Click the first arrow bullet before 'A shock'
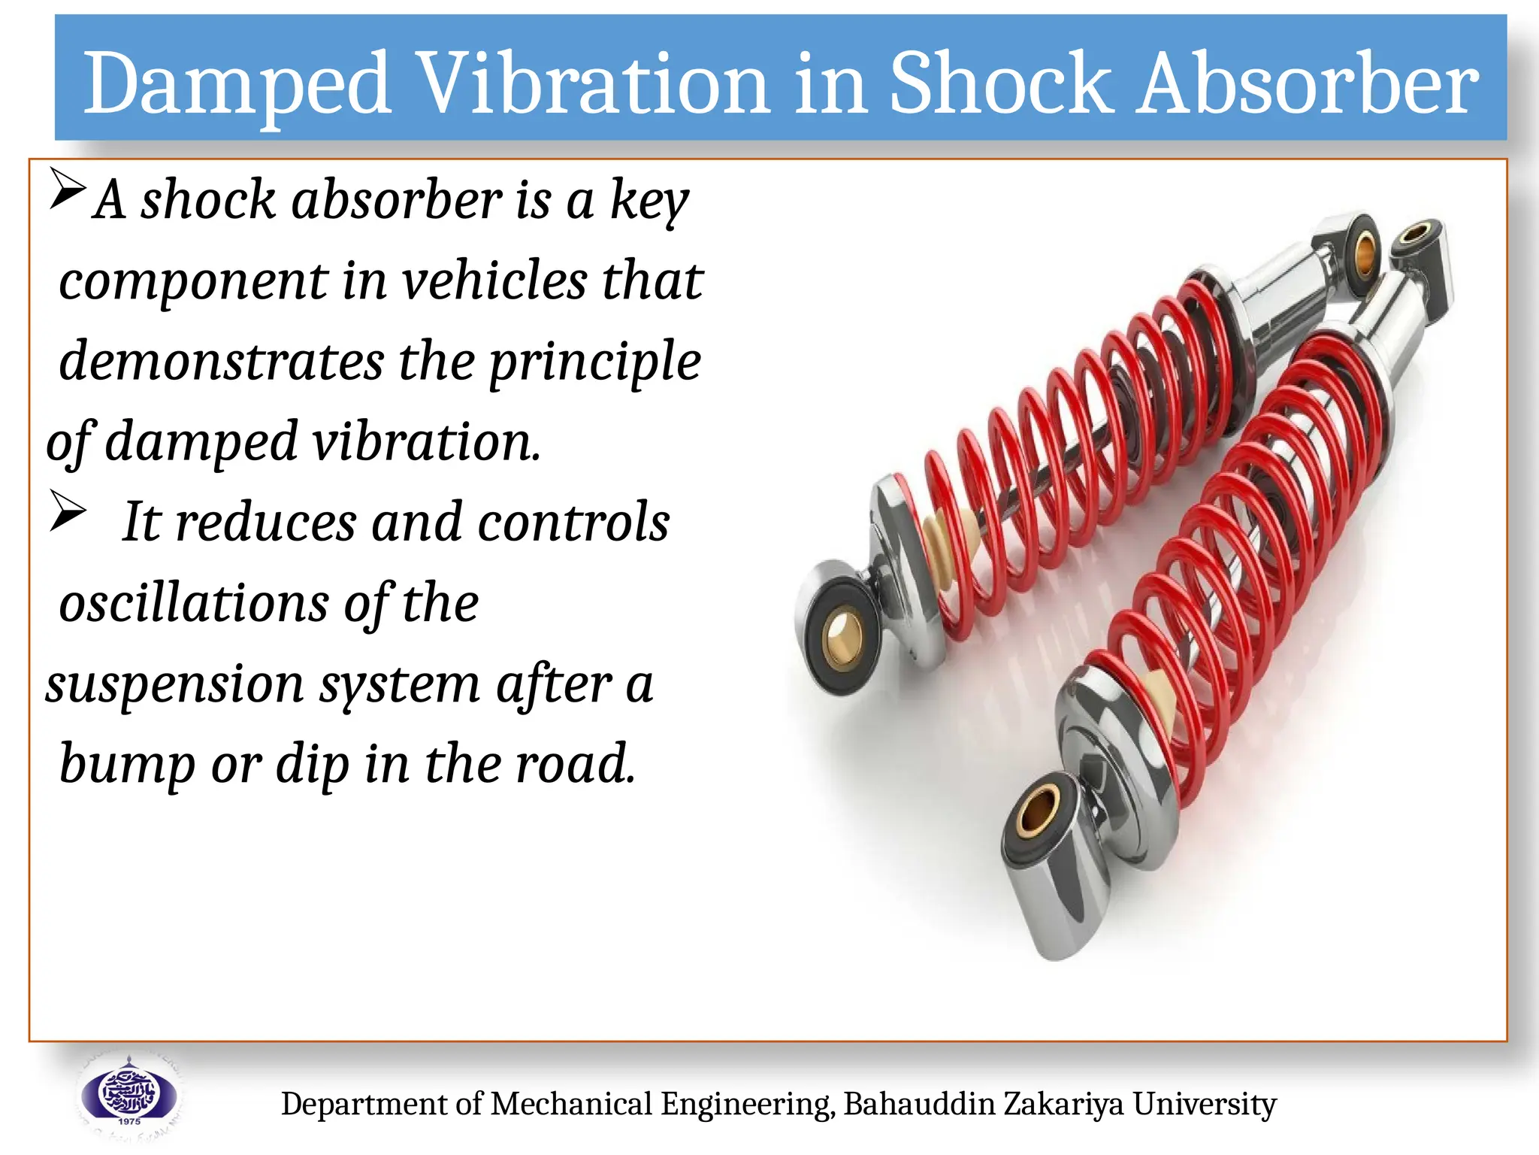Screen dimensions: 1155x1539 [68, 189]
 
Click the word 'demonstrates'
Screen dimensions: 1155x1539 [221, 361]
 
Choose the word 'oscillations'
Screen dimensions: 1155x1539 [194, 603]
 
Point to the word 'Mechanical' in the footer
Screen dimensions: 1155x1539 [571, 1104]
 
